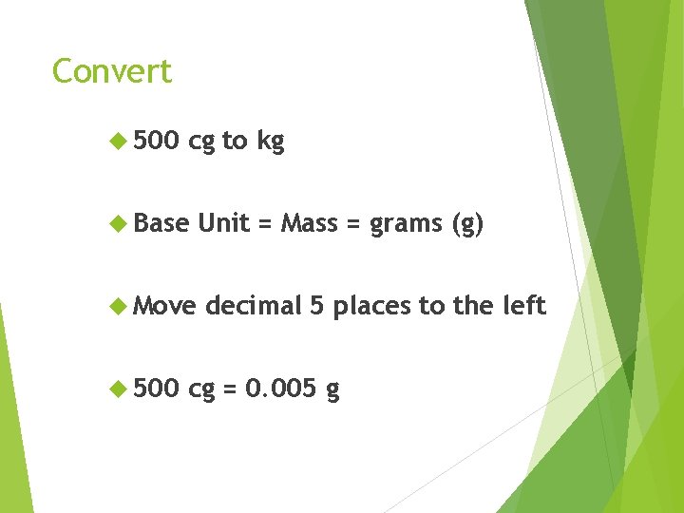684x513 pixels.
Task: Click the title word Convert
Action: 112,71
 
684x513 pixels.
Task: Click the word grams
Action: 406,225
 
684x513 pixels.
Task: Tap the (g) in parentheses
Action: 467,224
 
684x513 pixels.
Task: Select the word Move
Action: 164,306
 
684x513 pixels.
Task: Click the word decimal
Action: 252,306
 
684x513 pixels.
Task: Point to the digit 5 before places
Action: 317,306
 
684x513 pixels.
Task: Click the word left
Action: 526,306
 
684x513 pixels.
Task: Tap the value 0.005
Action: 280,389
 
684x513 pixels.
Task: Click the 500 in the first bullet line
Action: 156,142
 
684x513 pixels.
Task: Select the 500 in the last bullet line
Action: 156,389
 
